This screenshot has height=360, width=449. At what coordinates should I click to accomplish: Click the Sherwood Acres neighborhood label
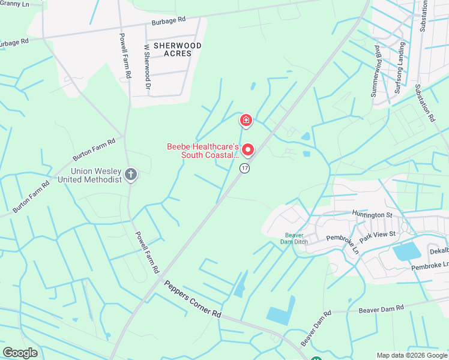[x=177, y=49]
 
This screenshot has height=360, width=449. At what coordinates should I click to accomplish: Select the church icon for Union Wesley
[x=131, y=175]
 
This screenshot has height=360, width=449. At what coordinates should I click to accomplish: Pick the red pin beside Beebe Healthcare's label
[x=247, y=149]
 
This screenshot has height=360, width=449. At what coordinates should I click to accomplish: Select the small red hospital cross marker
[x=246, y=121]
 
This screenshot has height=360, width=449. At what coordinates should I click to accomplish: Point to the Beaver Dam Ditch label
[x=294, y=238]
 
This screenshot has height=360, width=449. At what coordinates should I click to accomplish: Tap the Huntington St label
[x=372, y=214]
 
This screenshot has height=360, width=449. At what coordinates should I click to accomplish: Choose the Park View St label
[x=378, y=233]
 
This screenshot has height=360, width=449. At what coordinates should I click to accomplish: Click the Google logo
[x=20, y=353]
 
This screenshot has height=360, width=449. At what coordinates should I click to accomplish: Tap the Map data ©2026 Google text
[x=412, y=355]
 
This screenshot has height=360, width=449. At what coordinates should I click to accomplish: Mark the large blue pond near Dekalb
[x=408, y=252]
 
